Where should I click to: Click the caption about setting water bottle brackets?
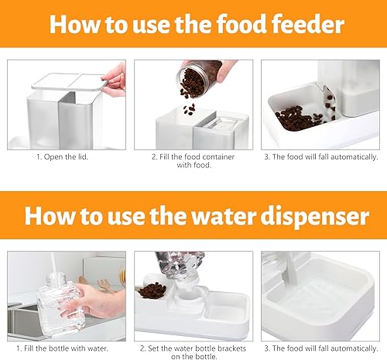tap(192, 351)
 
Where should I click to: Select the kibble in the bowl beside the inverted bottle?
tap(152, 293)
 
